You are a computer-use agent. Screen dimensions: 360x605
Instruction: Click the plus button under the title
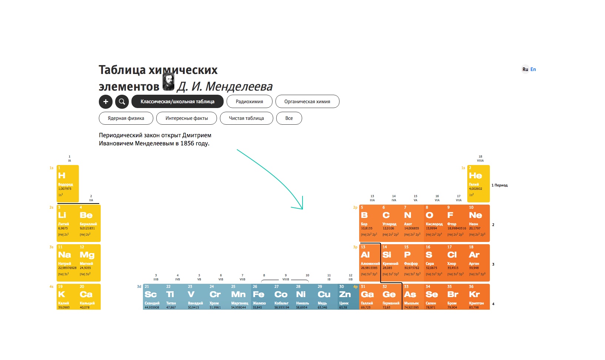(x=106, y=102)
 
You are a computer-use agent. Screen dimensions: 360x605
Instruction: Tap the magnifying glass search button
(x=122, y=102)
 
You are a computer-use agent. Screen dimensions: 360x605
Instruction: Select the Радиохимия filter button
(x=249, y=102)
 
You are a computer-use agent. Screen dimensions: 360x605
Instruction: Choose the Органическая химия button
(x=307, y=102)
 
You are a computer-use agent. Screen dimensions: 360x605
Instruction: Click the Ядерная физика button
(x=126, y=118)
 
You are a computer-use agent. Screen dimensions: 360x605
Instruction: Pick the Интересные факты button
(x=187, y=118)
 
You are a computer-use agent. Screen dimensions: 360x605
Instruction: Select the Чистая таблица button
(x=246, y=118)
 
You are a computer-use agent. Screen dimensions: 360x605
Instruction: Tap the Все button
(x=289, y=118)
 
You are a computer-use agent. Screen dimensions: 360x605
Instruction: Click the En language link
(x=533, y=69)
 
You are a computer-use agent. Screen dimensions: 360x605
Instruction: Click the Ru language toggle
(x=525, y=69)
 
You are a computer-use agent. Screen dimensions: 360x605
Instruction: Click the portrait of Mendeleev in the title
(x=168, y=82)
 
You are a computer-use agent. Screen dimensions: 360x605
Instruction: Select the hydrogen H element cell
(x=67, y=184)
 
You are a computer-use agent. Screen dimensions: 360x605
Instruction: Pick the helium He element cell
(x=478, y=184)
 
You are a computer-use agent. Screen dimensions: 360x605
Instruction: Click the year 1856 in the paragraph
(x=187, y=144)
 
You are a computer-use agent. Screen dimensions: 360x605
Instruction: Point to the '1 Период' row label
(x=499, y=185)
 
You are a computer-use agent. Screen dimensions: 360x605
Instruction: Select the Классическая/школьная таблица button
(x=177, y=102)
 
